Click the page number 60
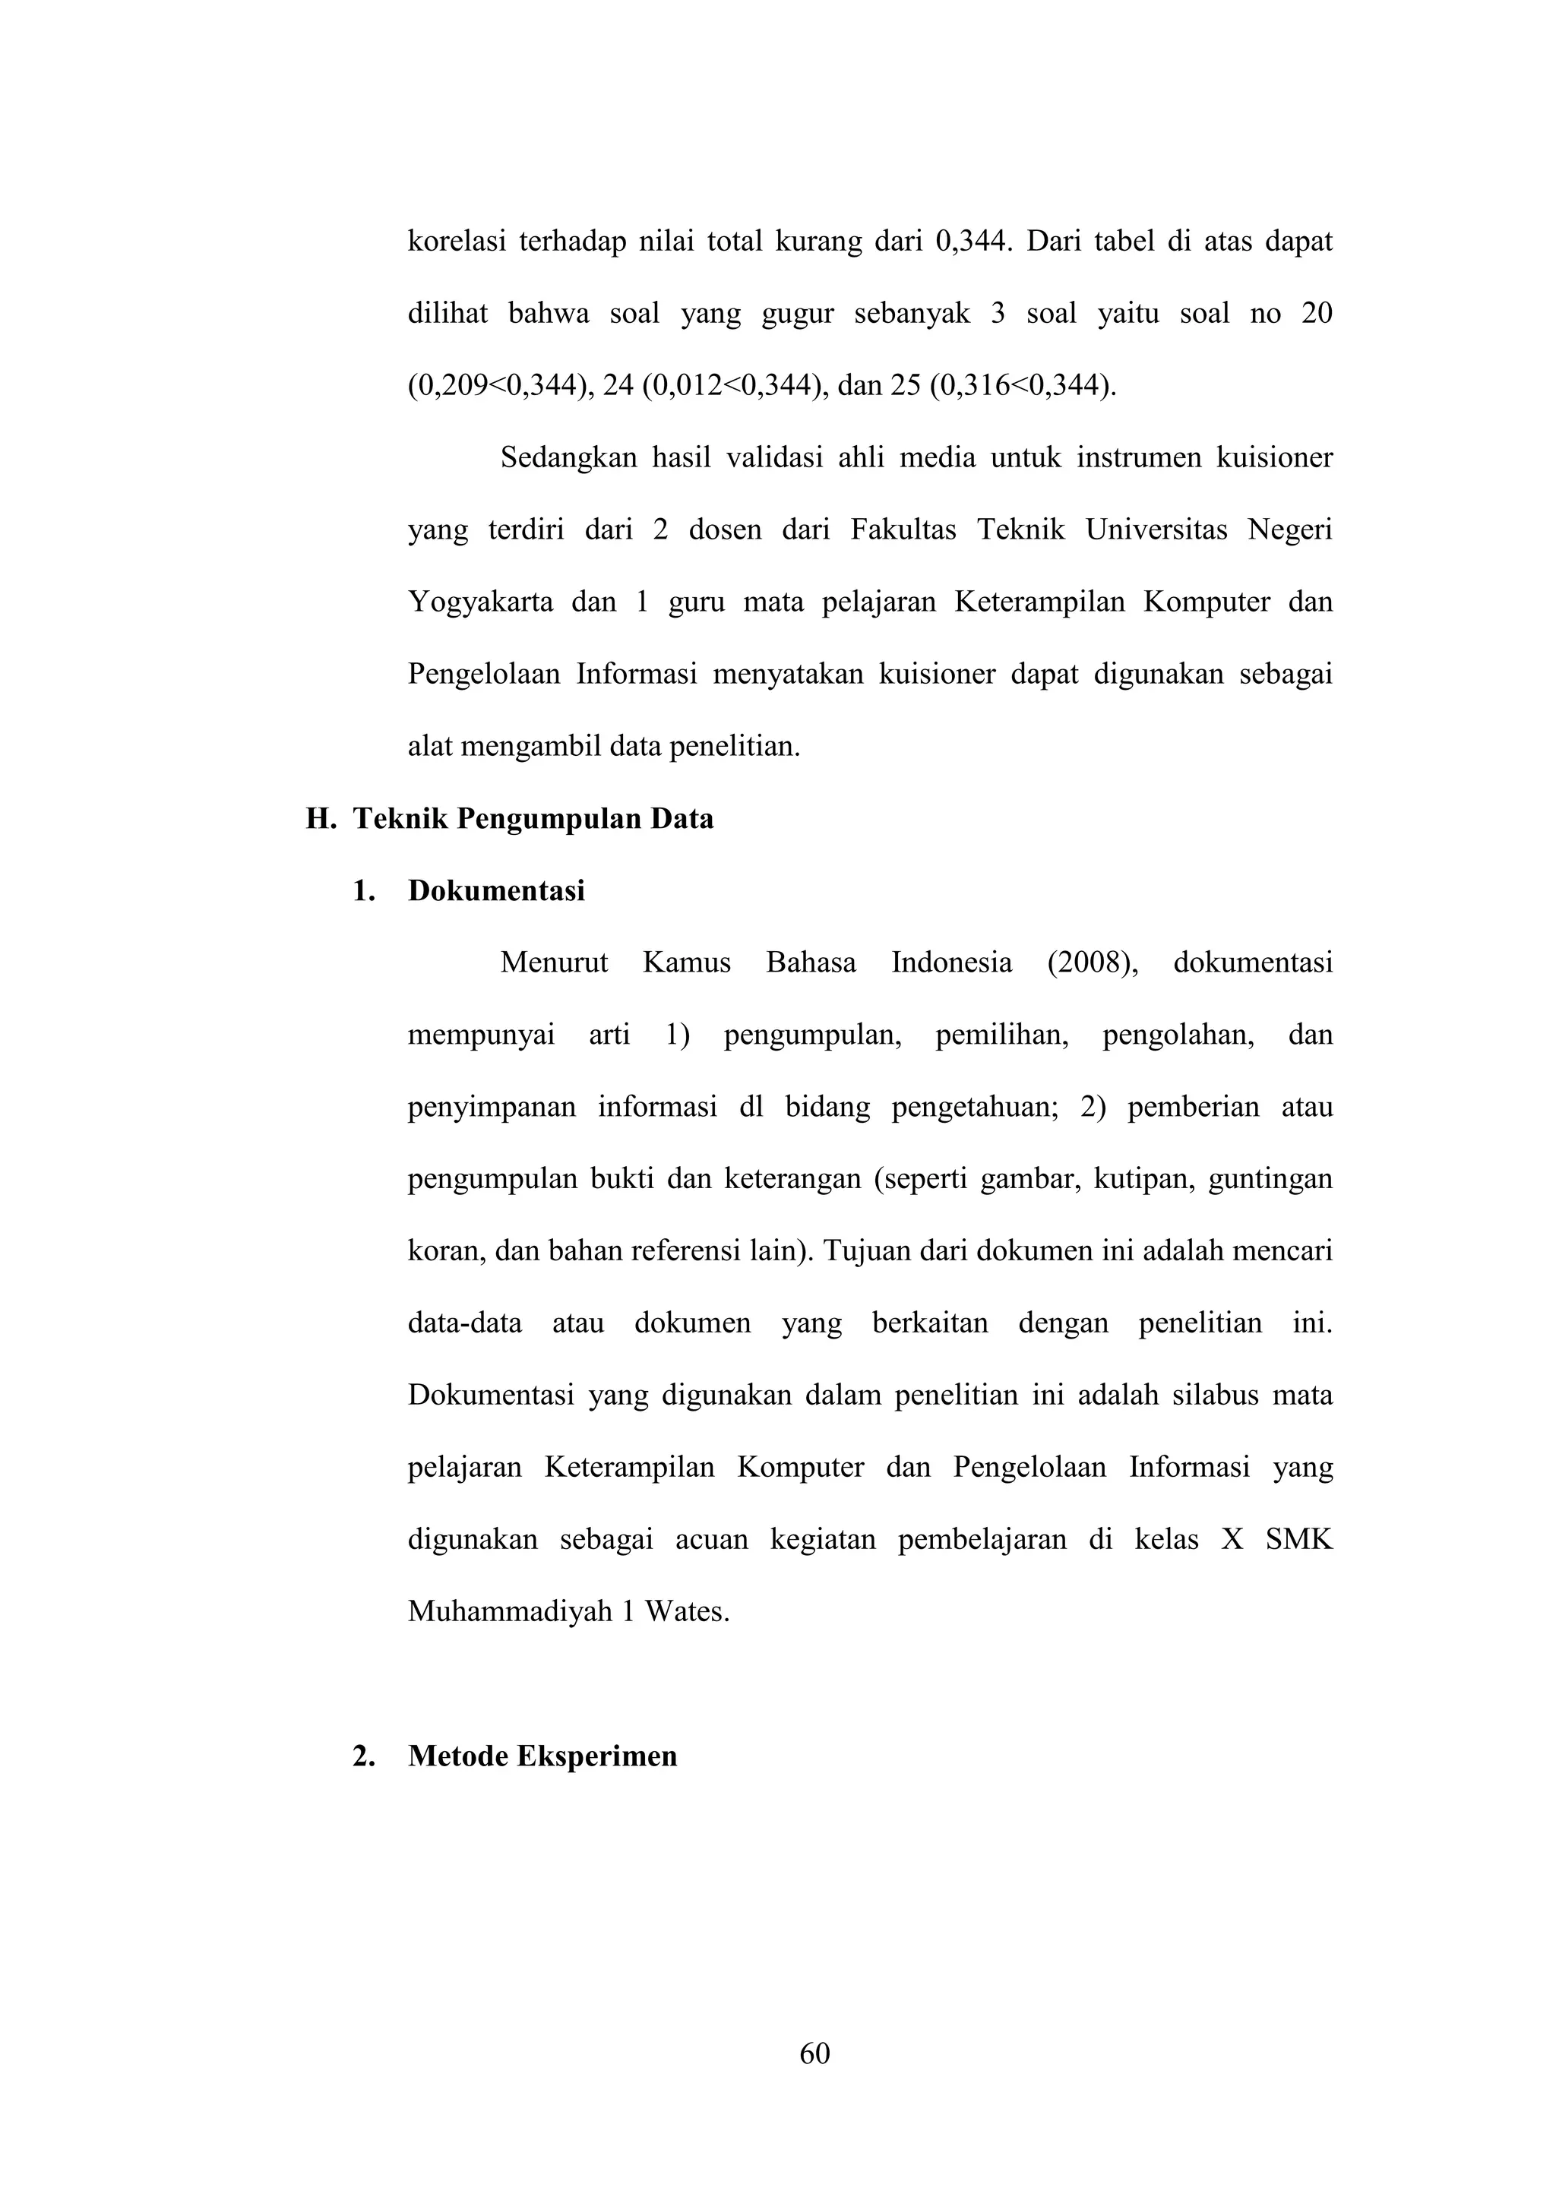click(814, 2053)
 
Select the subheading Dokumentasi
click(495, 891)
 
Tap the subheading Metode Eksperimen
click(542, 1756)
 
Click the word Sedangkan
click(568, 458)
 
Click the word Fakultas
click(903, 530)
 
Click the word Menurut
click(554, 963)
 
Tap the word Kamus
click(686, 963)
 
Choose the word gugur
click(797, 315)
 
